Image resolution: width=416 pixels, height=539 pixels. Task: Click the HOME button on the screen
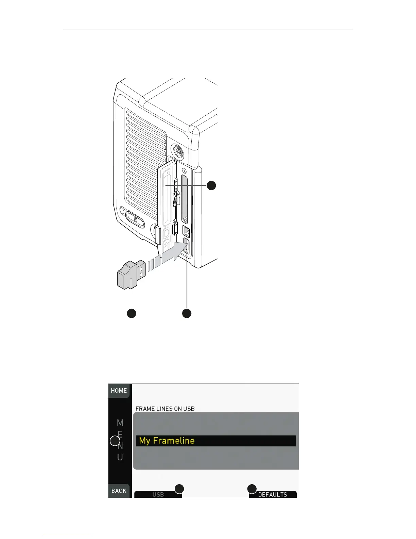point(119,391)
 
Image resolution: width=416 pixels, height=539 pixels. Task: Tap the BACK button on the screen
point(119,491)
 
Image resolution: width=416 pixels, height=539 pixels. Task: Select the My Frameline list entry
point(216,441)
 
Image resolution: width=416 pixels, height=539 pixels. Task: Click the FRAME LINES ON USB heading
point(165,409)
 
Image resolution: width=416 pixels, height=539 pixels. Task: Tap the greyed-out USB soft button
point(158,494)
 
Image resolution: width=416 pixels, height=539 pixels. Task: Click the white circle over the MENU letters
point(115,441)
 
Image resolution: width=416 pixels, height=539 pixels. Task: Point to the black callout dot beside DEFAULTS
point(252,489)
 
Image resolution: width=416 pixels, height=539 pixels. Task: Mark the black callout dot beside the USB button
point(179,489)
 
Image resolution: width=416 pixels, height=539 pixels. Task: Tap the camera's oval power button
point(135,219)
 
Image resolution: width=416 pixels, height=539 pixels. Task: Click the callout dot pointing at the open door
point(211,185)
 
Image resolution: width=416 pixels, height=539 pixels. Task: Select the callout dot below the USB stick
point(132,313)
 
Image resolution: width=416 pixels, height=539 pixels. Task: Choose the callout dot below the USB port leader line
point(187,313)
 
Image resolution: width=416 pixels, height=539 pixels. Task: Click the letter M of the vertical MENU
point(120,423)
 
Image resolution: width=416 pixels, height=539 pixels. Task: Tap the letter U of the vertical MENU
point(120,457)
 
